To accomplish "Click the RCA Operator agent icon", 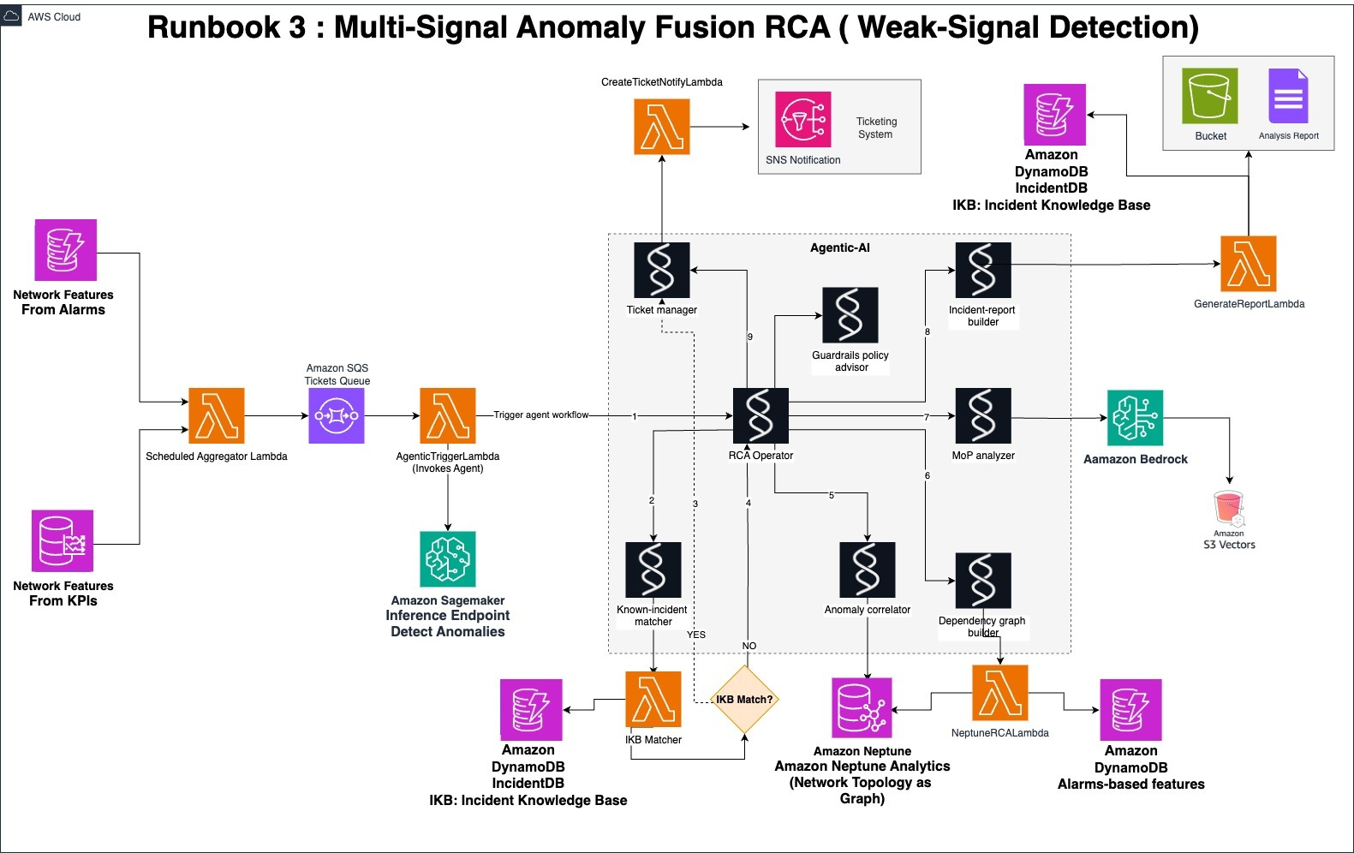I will point(761,415).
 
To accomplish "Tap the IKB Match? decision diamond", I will point(744,700).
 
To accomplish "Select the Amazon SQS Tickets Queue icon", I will point(337,416).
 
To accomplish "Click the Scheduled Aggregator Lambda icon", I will point(217,416).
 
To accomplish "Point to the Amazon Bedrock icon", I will point(1135,418).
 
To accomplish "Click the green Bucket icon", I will point(1210,96).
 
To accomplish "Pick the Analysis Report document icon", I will point(1288,96).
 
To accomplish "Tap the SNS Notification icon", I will point(803,120).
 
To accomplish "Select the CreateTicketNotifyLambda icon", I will point(662,127).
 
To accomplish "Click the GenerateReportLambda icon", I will point(1248,264).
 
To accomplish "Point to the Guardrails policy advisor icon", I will point(850,315).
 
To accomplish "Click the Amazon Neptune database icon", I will point(862,707).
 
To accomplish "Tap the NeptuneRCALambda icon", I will point(1000,693).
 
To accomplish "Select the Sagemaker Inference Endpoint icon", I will point(448,559).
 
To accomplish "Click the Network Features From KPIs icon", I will point(63,541).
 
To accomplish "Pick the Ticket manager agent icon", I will point(662,270).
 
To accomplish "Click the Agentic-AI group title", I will point(839,248).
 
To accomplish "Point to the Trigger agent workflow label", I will point(541,415).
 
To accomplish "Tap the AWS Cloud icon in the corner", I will point(12,16).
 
